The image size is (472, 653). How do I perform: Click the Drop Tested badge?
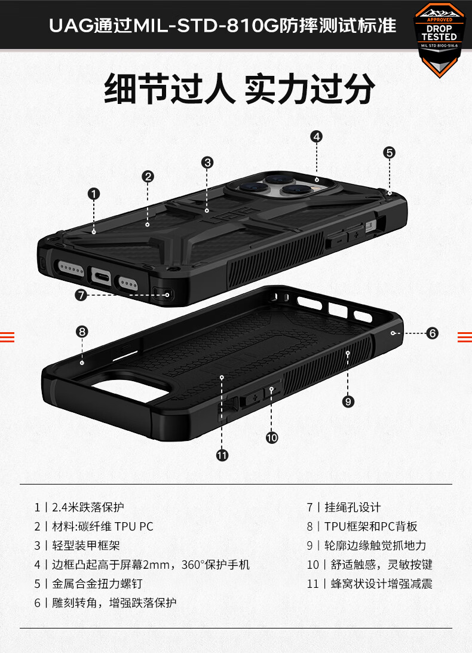click(x=439, y=40)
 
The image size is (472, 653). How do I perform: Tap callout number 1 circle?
click(x=94, y=194)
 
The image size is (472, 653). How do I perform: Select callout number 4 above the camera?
click(x=317, y=137)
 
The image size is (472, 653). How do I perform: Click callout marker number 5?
click(x=390, y=152)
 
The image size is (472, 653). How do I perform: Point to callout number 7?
click(x=81, y=295)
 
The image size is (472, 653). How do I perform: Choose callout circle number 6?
click(x=433, y=333)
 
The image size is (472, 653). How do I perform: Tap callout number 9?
click(x=348, y=401)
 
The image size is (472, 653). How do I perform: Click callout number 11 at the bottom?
click(x=222, y=455)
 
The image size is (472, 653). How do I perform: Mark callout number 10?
click(x=272, y=438)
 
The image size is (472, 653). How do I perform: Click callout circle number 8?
click(x=82, y=332)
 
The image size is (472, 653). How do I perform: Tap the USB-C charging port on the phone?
click(x=101, y=276)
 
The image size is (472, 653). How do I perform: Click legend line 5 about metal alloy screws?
click(x=88, y=584)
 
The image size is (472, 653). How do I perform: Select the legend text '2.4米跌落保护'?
click(x=88, y=507)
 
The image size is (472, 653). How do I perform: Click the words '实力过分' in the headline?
click(x=309, y=88)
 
